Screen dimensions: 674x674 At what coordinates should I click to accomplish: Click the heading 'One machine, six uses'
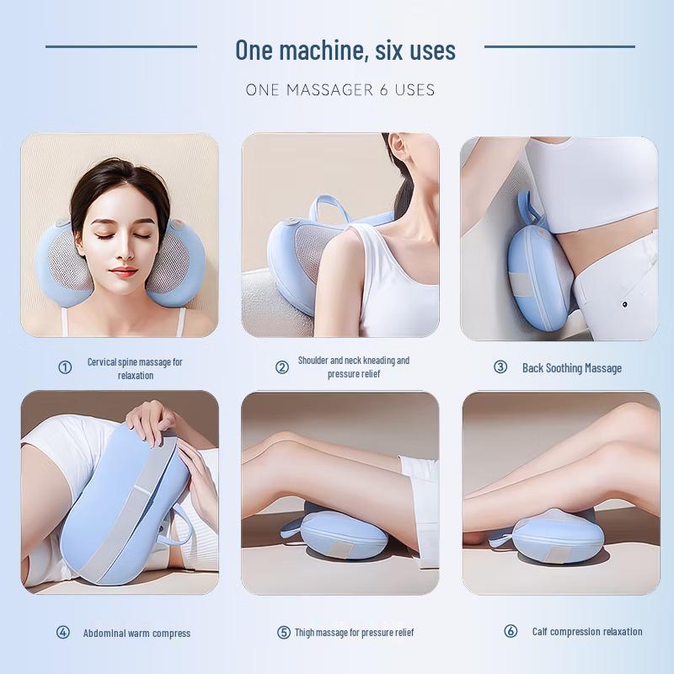pyautogui.click(x=345, y=50)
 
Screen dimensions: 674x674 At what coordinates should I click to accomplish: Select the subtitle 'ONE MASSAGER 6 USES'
pyautogui.click(x=340, y=89)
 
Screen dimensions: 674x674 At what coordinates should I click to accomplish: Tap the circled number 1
pyautogui.click(x=65, y=367)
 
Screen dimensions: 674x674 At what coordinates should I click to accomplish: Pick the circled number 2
pyautogui.click(x=282, y=366)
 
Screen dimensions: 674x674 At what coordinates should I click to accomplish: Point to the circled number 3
pyautogui.click(x=500, y=366)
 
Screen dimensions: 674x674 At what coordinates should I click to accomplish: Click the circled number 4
pyautogui.click(x=63, y=632)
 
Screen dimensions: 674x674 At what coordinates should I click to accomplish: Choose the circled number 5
pyautogui.click(x=284, y=632)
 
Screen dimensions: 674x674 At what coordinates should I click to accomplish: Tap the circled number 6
pyautogui.click(x=511, y=631)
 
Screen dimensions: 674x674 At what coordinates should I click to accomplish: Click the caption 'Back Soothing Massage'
pyautogui.click(x=572, y=367)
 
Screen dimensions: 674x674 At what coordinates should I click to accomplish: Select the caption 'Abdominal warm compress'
pyautogui.click(x=136, y=633)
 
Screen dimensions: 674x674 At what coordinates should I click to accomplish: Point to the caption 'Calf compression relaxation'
pyautogui.click(x=587, y=631)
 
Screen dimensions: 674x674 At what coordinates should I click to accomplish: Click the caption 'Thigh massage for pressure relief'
pyautogui.click(x=355, y=632)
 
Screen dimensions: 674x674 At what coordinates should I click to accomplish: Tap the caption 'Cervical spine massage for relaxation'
pyautogui.click(x=135, y=368)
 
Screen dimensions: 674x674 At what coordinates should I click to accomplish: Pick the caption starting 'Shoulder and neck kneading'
pyautogui.click(x=354, y=366)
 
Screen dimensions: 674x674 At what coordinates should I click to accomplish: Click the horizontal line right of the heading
pyautogui.click(x=559, y=46)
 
